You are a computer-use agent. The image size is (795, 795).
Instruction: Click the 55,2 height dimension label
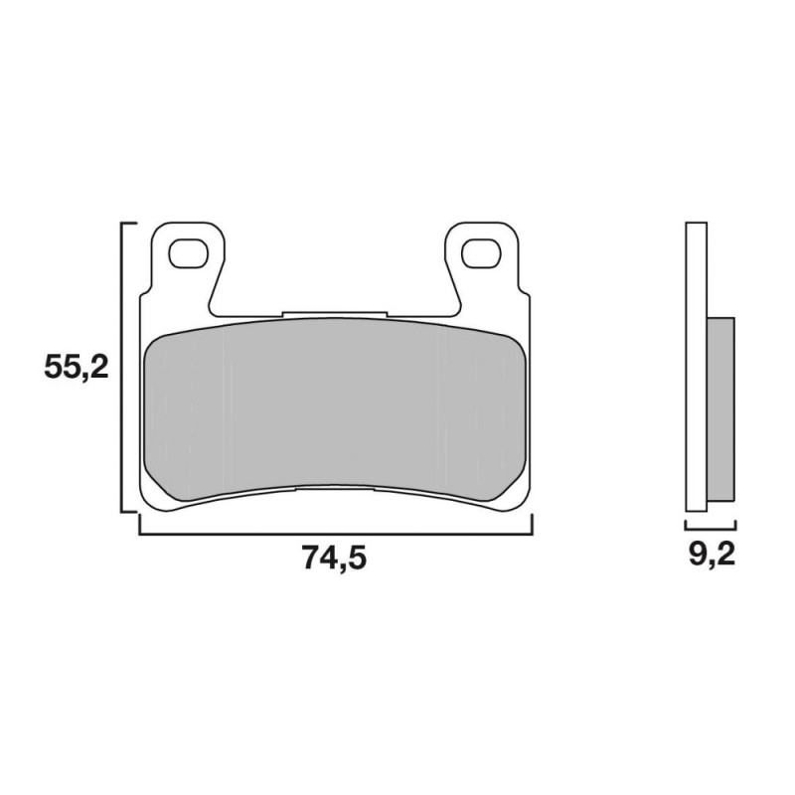click(77, 367)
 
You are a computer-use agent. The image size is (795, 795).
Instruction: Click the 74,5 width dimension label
click(334, 557)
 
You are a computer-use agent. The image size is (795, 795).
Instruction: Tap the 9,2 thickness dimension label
click(712, 554)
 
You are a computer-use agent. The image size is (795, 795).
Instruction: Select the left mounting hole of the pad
click(189, 253)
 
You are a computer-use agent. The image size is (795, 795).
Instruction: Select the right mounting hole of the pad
click(481, 253)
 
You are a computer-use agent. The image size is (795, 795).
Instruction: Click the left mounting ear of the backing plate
click(189, 263)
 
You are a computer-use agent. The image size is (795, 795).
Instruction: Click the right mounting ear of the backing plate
click(482, 263)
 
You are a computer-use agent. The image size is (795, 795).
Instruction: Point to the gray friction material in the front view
click(336, 409)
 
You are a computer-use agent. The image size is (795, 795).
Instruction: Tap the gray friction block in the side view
click(720, 408)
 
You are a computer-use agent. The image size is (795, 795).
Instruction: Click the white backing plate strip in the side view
click(696, 367)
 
